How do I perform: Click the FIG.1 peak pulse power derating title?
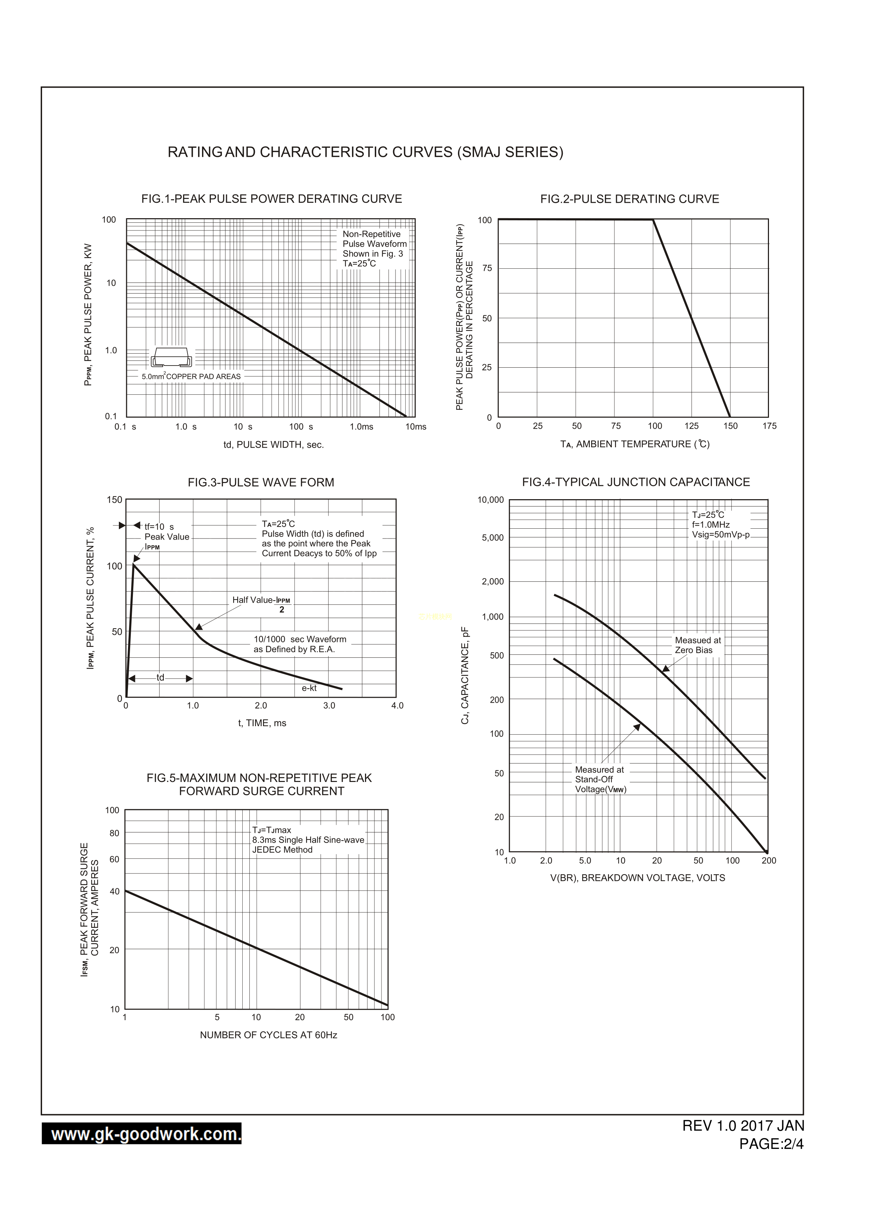271,199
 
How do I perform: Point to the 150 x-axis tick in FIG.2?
730,426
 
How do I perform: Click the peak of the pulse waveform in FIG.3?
133,564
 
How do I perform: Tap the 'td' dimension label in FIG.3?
160,678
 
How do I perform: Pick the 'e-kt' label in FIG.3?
309,688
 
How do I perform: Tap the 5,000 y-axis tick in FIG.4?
492,538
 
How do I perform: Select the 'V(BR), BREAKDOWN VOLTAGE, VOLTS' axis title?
637,878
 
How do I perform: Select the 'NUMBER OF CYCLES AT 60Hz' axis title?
268,1035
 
